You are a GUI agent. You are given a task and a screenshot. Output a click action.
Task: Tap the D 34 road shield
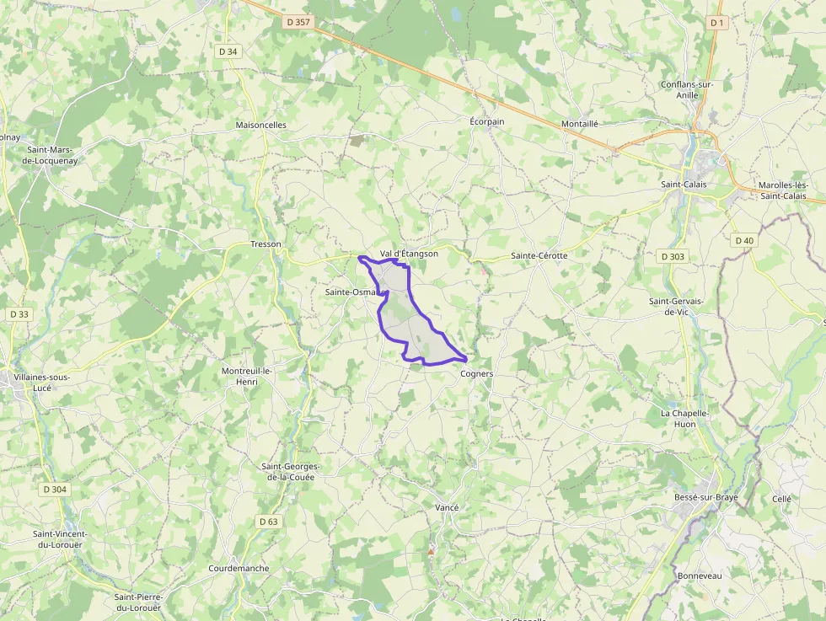(x=228, y=51)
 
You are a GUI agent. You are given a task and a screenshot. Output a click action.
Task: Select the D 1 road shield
(x=717, y=23)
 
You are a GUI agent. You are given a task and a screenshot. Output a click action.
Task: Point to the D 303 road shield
(x=673, y=256)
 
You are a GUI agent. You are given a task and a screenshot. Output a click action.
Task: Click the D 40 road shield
(x=744, y=241)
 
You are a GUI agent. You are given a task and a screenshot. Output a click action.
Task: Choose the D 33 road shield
(x=19, y=314)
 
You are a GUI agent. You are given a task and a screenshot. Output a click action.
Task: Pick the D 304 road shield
(x=55, y=490)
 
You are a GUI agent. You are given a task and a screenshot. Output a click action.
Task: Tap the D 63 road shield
(x=268, y=522)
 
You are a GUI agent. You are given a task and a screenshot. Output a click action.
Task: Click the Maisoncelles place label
(x=261, y=125)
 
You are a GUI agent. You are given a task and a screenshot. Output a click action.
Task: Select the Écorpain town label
(x=487, y=121)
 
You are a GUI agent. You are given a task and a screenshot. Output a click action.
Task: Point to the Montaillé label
(x=580, y=123)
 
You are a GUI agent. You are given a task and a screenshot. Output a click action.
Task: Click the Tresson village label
(x=265, y=244)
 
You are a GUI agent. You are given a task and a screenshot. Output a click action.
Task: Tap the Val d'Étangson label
(x=409, y=254)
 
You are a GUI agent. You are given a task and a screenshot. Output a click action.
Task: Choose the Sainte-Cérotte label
(x=539, y=255)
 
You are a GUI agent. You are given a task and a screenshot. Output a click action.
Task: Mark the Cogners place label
(x=477, y=373)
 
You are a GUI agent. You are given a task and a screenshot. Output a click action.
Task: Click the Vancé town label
(x=447, y=507)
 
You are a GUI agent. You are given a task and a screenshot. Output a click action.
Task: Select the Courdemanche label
(x=239, y=568)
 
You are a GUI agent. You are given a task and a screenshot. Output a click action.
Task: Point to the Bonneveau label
(x=700, y=575)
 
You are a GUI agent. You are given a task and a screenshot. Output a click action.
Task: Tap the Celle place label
(x=782, y=499)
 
